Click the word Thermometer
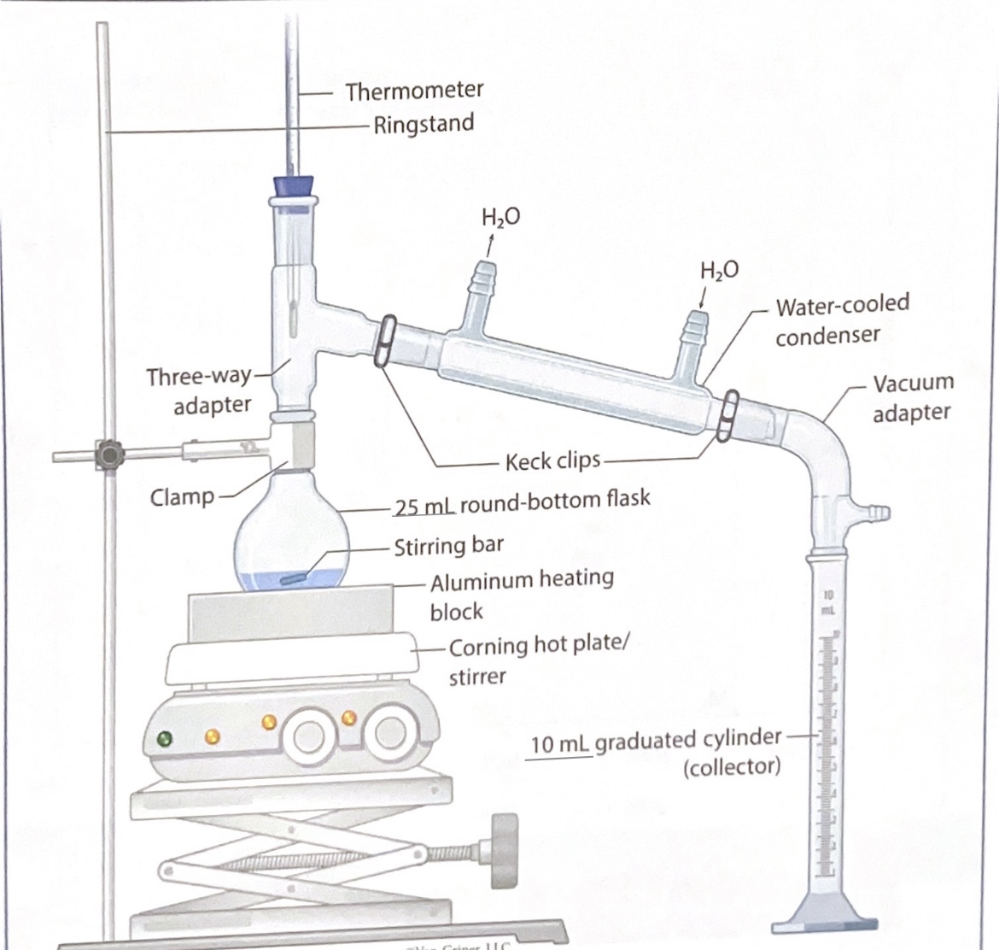[414, 90]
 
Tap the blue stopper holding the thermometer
[293, 186]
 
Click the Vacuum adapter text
[911, 398]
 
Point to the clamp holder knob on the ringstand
[108, 453]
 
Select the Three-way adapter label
[200, 390]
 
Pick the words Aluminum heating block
[521, 595]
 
